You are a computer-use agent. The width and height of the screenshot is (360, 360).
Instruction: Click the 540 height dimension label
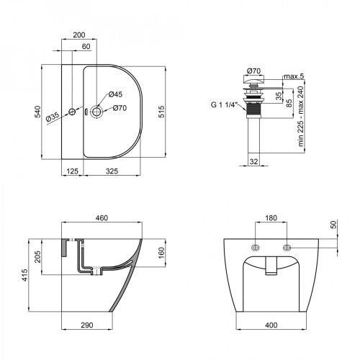(37, 112)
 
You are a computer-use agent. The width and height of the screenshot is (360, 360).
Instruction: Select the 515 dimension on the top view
(161, 112)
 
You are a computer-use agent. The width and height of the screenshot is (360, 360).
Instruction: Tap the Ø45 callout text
(115, 94)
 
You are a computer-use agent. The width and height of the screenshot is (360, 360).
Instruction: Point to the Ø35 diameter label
(52, 117)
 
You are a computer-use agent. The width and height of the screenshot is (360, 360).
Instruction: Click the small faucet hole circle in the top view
(72, 112)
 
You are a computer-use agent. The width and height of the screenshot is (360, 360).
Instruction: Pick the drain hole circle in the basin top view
(96, 112)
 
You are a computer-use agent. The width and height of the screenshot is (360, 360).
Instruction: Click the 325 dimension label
(112, 171)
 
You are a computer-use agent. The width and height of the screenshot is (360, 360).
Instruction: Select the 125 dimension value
(72, 171)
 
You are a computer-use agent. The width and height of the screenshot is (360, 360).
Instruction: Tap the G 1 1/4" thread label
(224, 104)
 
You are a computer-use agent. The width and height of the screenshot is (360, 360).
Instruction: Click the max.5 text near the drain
(294, 76)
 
